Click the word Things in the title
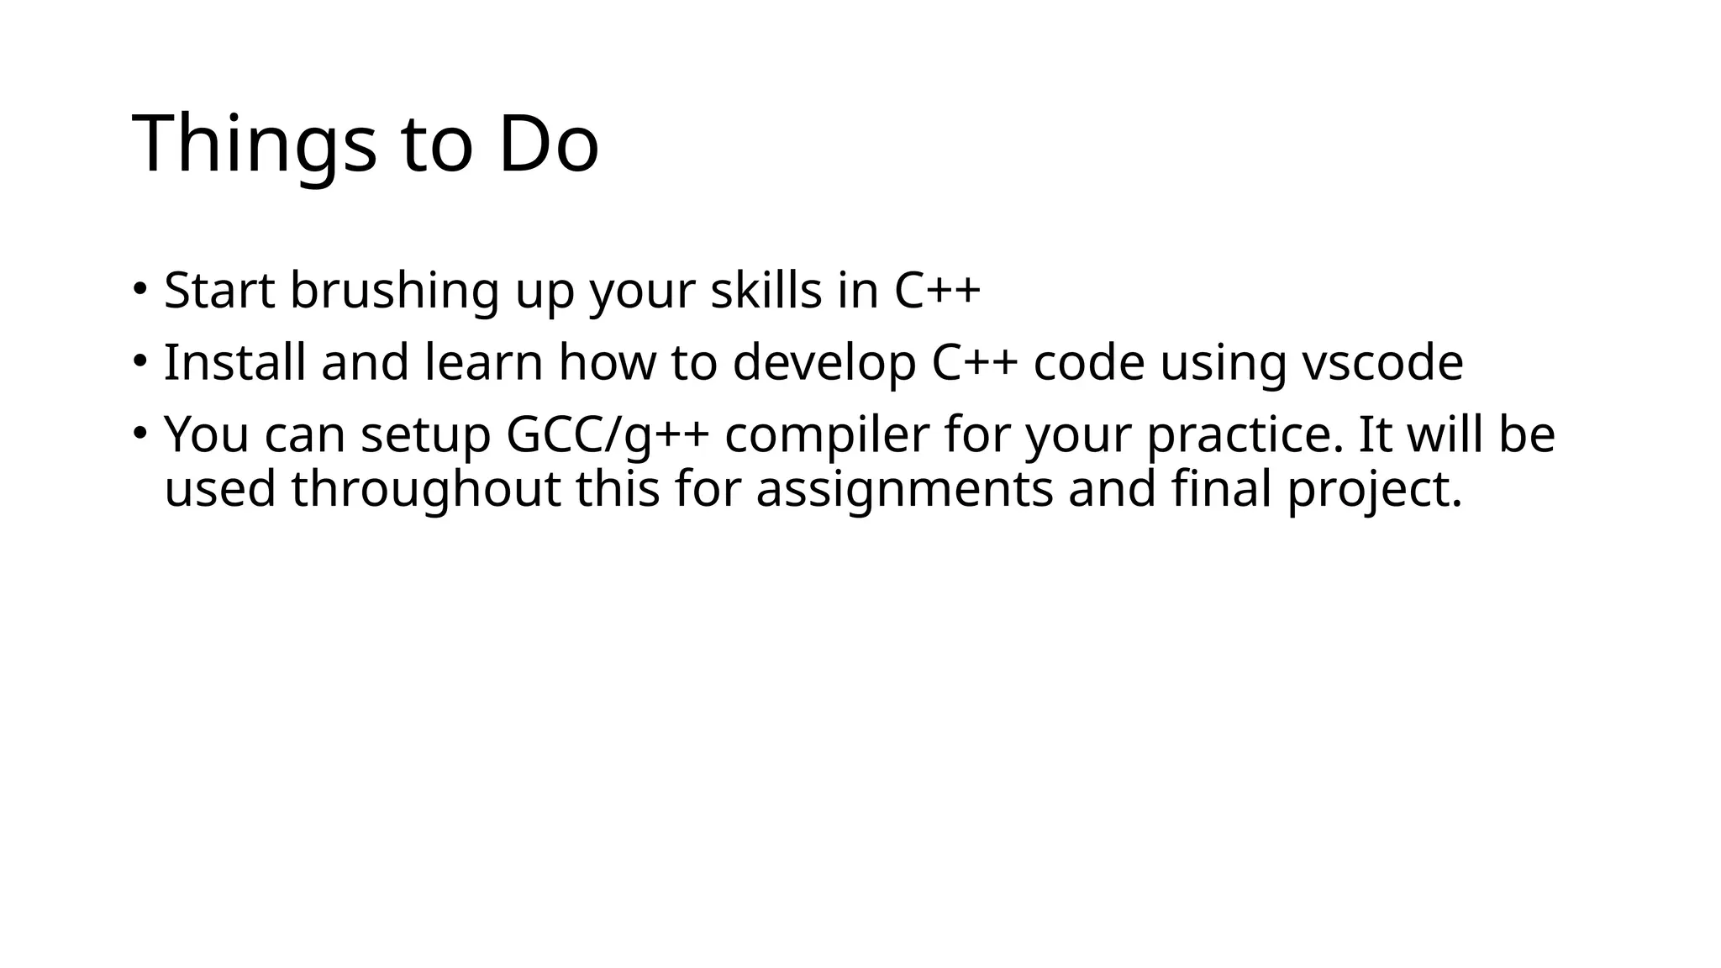[x=255, y=145]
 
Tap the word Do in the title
[x=548, y=145]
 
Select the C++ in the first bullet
[x=937, y=291]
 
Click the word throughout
[x=426, y=490]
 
